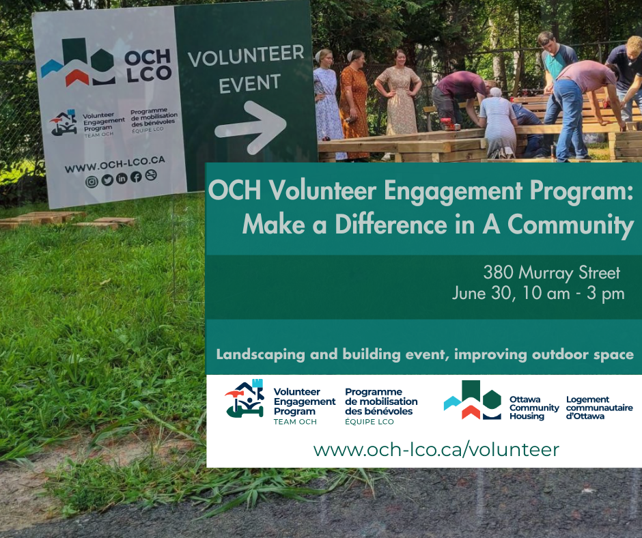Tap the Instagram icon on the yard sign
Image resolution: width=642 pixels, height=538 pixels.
(x=92, y=182)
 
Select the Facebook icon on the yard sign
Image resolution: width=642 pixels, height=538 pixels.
(x=137, y=177)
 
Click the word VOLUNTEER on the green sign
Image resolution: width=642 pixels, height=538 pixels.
(x=246, y=56)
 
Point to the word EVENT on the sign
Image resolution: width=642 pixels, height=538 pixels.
(x=250, y=84)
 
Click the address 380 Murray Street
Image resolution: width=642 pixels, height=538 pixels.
(x=552, y=273)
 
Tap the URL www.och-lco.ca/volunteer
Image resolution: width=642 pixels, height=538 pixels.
(x=436, y=450)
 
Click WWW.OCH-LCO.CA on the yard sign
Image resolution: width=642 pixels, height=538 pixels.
(x=115, y=164)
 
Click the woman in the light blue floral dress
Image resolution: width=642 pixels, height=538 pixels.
(x=328, y=102)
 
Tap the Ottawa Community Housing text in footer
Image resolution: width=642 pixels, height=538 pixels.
(x=534, y=408)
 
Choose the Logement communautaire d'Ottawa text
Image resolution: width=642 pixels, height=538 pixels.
(x=600, y=408)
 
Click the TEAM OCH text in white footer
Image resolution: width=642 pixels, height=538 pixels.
(x=295, y=422)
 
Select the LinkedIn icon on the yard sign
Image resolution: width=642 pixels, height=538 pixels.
(x=122, y=178)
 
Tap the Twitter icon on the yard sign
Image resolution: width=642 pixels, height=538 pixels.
(x=107, y=180)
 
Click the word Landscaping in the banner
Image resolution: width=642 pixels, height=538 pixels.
(x=260, y=354)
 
